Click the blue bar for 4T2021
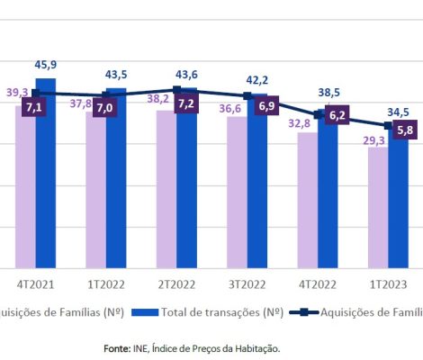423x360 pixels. pos(46,180)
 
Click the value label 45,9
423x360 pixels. pos(47,65)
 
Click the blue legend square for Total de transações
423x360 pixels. pos(144,313)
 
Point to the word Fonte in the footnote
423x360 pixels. pos(116,347)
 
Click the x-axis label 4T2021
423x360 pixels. pos(35,283)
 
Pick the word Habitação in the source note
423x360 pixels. pos(256,347)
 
